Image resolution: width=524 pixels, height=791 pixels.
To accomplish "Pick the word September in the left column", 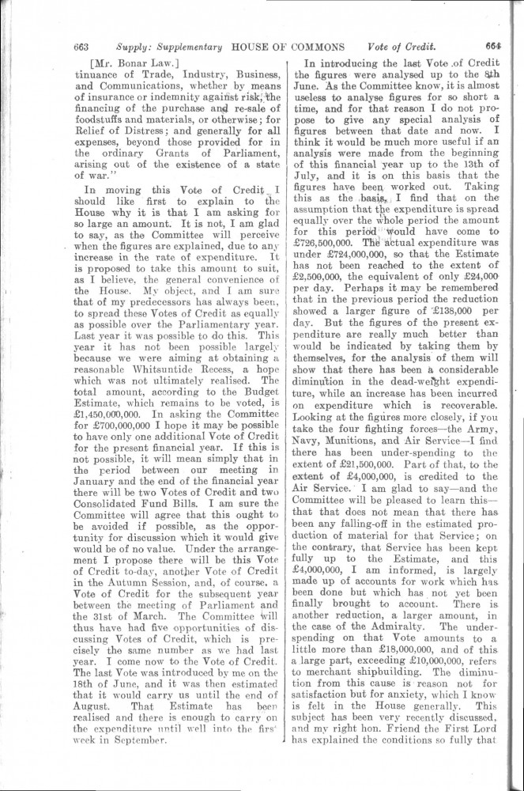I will [x=144, y=744].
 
